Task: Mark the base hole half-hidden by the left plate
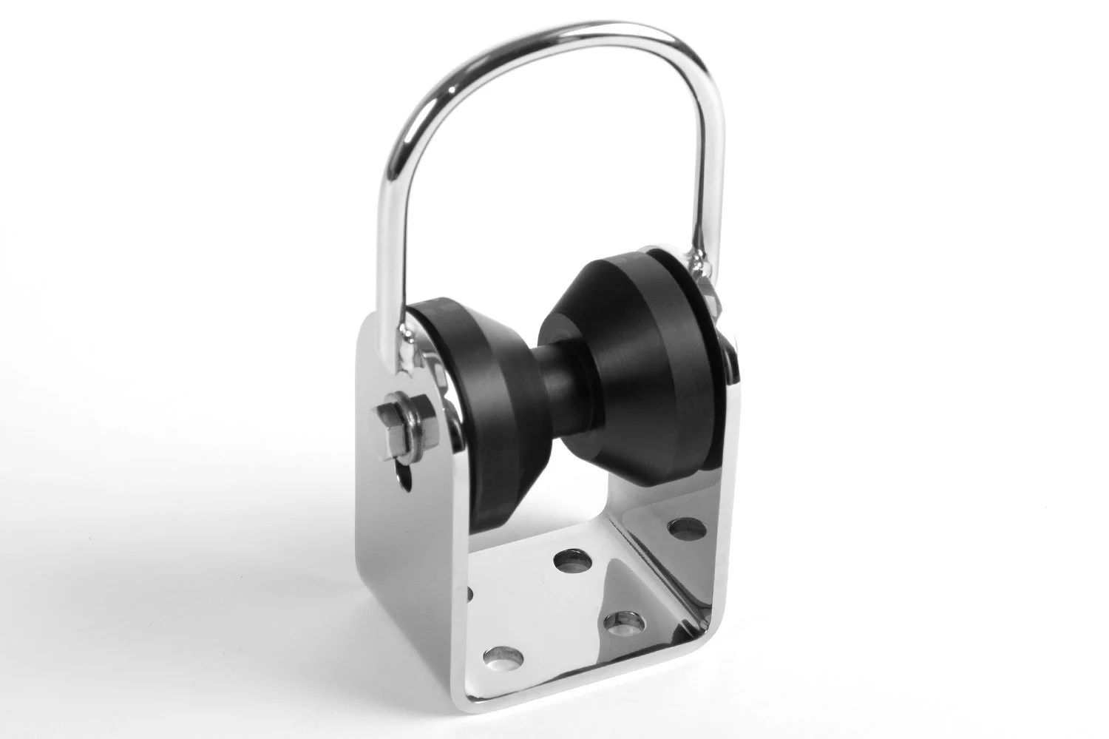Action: click(471, 592)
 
